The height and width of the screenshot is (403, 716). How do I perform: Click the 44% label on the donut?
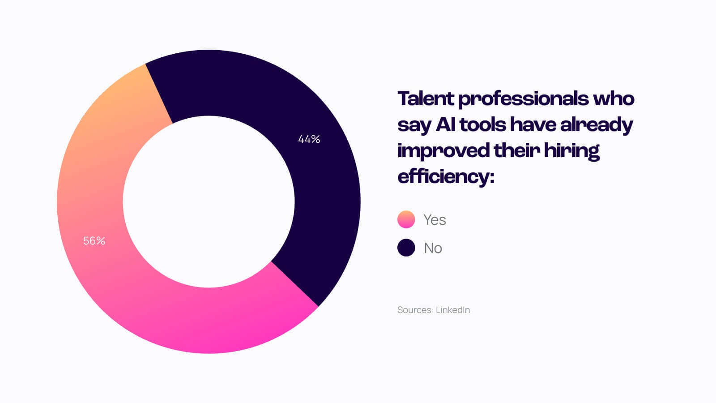point(309,139)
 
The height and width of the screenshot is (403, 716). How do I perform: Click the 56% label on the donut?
point(94,241)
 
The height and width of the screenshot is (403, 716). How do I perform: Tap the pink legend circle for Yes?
point(406,219)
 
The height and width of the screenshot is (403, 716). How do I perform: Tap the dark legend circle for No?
point(406,248)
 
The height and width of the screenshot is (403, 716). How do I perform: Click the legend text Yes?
point(435,220)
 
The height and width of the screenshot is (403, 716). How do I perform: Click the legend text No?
point(433,248)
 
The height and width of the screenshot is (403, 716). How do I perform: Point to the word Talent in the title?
point(426,99)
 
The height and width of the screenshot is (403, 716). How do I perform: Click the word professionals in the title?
point(523,99)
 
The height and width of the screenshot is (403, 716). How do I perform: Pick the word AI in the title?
point(446,124)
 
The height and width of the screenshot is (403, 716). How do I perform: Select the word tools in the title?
point(482,124)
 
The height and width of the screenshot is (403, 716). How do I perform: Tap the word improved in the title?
point(443,150)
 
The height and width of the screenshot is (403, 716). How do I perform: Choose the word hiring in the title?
point(571,150)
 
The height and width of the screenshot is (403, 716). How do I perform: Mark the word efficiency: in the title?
point(446,176)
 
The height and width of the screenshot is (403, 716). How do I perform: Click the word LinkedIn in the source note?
point(453,310)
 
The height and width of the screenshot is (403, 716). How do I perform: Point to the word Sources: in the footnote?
point(415,310)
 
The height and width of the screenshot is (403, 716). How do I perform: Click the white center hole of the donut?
point(209,201)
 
